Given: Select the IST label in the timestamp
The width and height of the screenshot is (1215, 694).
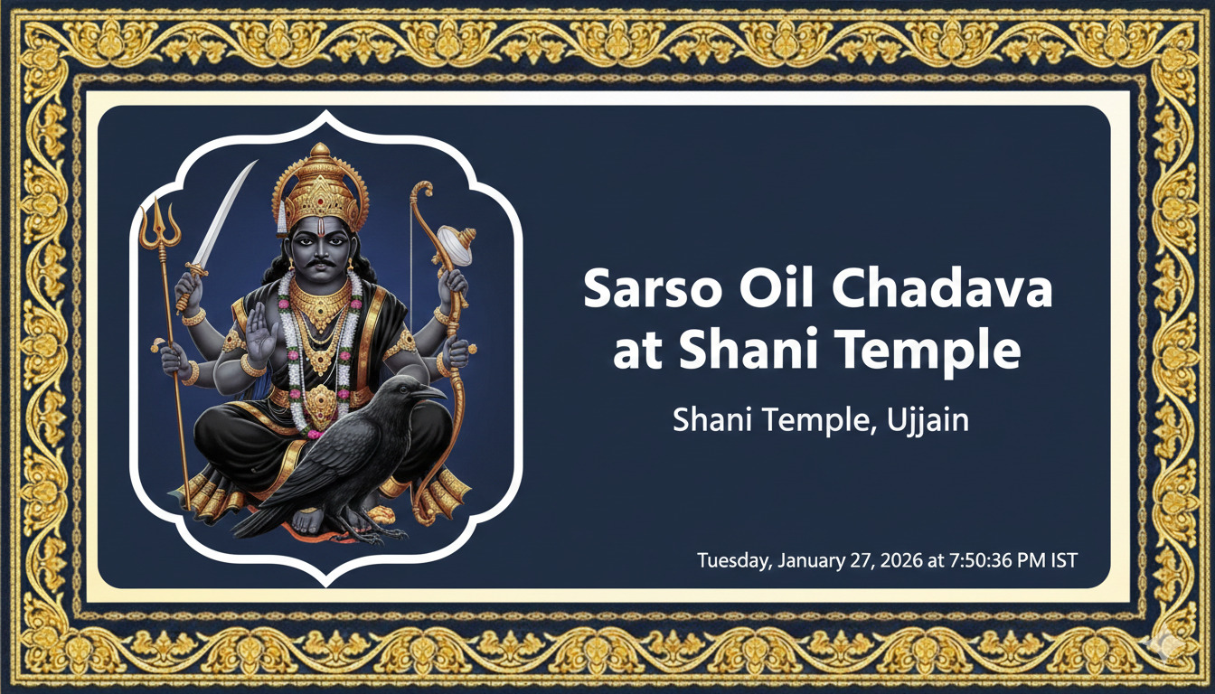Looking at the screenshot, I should [1063, 560].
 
